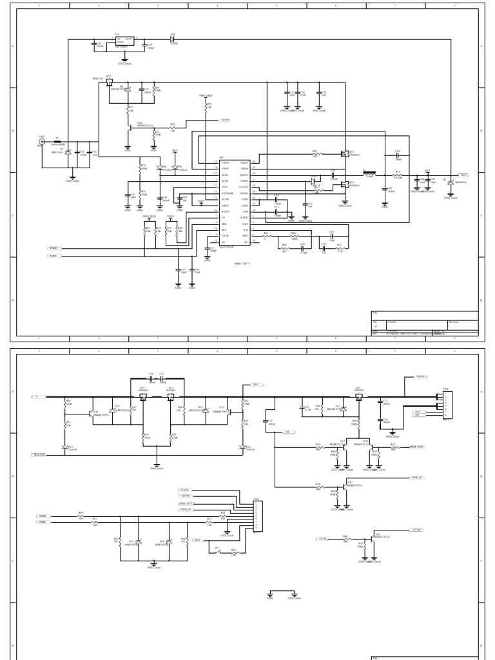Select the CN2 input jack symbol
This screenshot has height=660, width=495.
pos(43,142)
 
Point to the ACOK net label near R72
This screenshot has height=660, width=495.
pos(226,121)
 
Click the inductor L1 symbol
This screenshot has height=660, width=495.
pos(369,174)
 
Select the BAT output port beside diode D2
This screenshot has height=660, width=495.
pos(463,174)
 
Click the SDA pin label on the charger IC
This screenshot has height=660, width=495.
pos(224,225)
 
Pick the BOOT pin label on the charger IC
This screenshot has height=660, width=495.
pos(244,175)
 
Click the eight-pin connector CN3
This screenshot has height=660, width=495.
pos(256,516)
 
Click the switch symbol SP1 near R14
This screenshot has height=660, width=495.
pos(217,552)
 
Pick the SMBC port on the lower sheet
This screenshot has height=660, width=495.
pos(43,521)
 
